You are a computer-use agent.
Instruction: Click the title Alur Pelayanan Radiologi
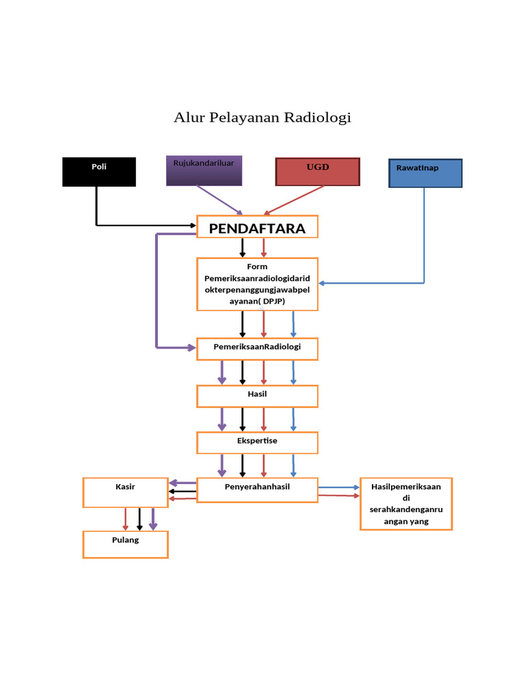click(x=262, y=118)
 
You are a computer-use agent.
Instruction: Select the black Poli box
click(x=99, y=172)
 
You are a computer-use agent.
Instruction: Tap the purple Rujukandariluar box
click(x=204, y=170)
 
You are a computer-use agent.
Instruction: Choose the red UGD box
click(x=317, y=172)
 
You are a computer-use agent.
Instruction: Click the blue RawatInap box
click(x=425, y=173)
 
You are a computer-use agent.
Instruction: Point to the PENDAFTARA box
click(x=257, y=228)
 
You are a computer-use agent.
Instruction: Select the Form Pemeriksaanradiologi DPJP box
click(x=257, y=284)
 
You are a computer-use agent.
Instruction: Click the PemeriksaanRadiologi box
click(x=257, y=348)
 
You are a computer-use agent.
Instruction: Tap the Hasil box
click(x=257, y=396)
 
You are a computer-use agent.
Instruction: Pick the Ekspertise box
click(x=257, y=442)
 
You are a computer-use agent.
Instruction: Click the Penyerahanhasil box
click(x=257, y=489)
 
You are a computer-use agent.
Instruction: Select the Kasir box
click(x=125, y=492)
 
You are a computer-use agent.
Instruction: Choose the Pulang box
click(x=125, y=544)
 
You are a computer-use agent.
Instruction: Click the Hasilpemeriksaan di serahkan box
click(x=406, y=504)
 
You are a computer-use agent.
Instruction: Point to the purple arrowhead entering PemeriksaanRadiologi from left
click(x=191, y=347)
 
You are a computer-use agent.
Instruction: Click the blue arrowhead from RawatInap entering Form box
click(x=323, y=282)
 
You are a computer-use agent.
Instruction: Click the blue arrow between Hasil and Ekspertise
click(x=293, y=418)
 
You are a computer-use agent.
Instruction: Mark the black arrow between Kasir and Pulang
click(x=139, y=519)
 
